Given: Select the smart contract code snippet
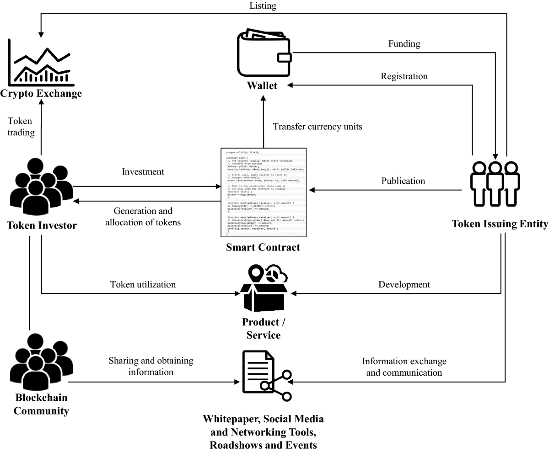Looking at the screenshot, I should click(x=264, y=192).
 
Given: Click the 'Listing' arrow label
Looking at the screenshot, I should click(x=263, y=6).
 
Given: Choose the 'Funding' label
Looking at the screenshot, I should click(x=404, y=44).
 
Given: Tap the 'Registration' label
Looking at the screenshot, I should click(x=404, y=76).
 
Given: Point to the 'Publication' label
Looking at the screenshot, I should click(x=403, y=181).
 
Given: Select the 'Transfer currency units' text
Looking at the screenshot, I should click(x=318, y=127).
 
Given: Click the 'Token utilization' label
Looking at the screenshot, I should click(x=143, y=284).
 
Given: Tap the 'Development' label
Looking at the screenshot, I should click(x=404, y=284).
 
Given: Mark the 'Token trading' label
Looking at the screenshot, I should click(x=21, y=127).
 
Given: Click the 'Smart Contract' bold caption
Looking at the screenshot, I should click(x=263, y=248).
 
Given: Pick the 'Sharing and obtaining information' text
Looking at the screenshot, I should click(x=151, y=366).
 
